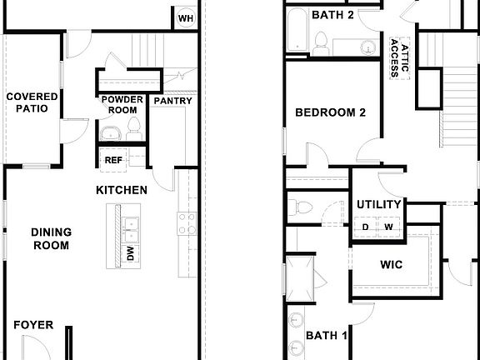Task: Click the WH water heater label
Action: click(186, 17)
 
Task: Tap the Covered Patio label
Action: click(32, 102)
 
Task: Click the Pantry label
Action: click(172, 102)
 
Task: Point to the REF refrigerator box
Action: click(112, 158)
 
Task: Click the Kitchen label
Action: click(122, 190)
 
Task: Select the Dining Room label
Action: click(50, 238)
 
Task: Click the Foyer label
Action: click(33, 324)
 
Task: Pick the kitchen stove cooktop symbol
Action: click(186, 223)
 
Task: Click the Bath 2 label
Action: click(333, 15)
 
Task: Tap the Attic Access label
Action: click(399, 56)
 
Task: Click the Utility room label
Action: click(379, 204)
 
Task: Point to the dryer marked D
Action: click(365, 227)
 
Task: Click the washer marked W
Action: click(388, 227)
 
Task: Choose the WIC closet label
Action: click(392, 265)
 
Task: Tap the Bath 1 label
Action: click(327, 336)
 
